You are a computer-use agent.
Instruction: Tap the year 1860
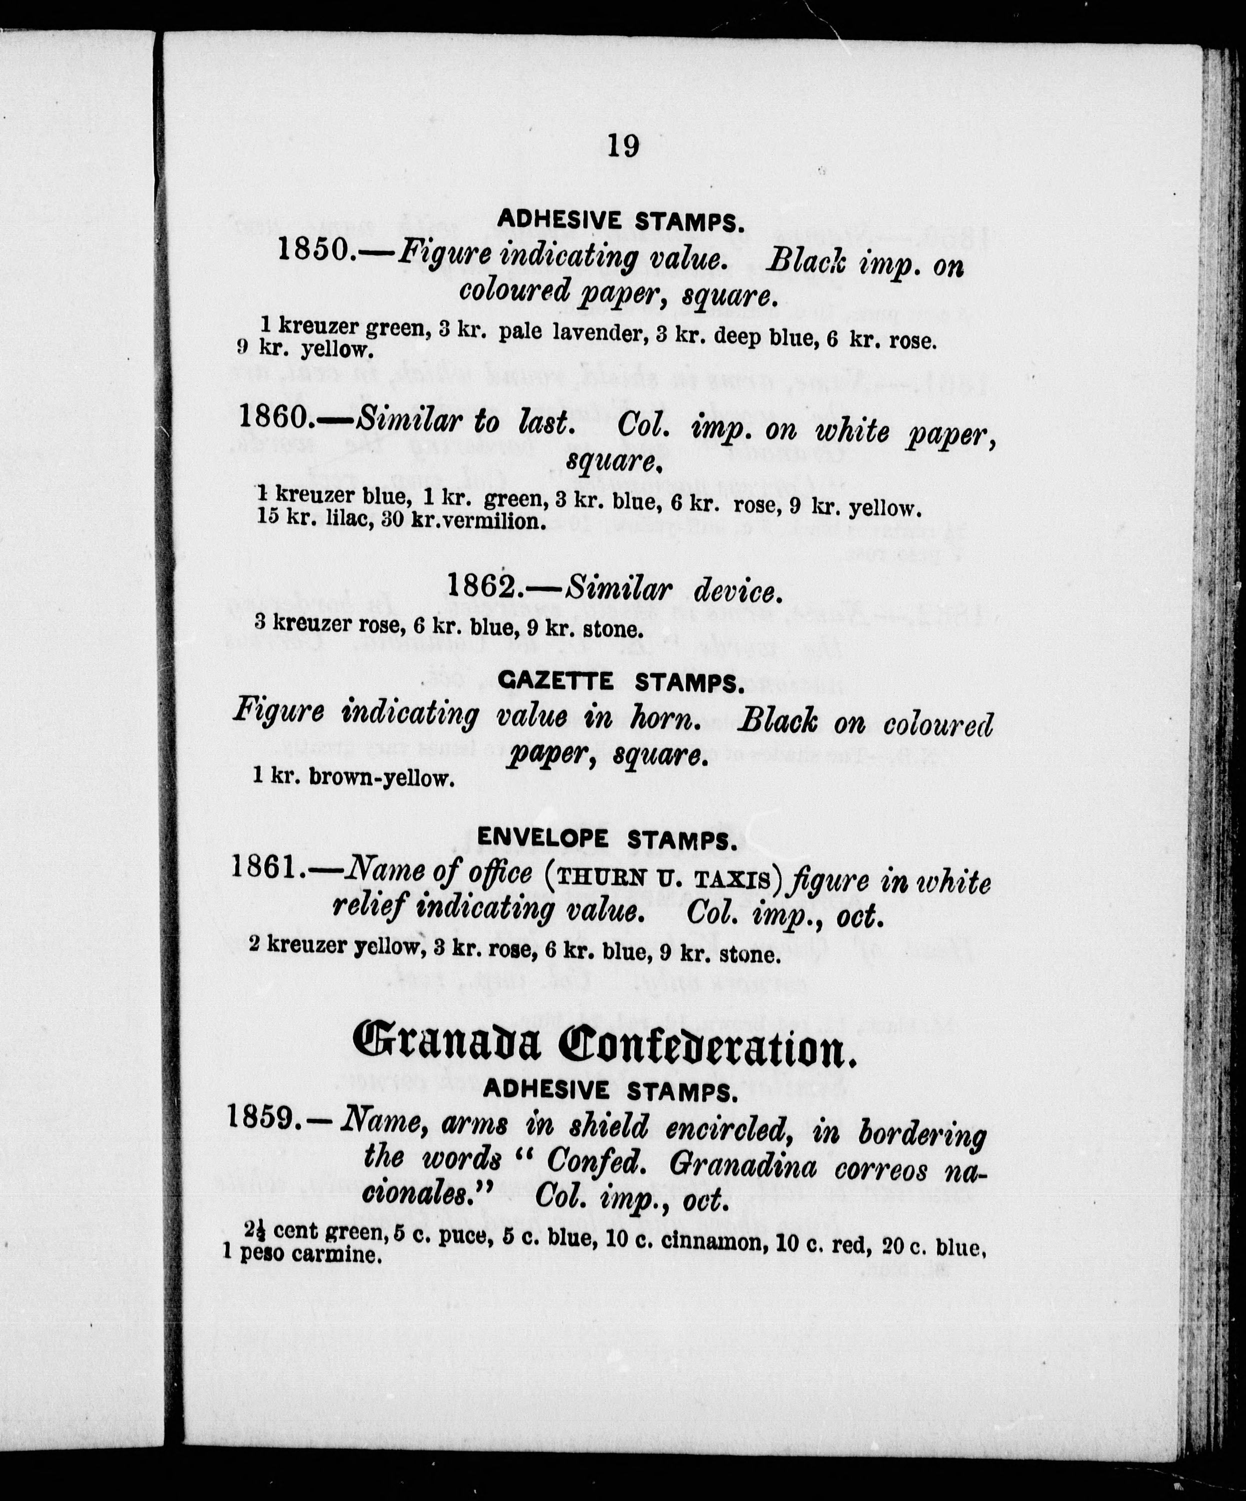pos(274,416)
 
